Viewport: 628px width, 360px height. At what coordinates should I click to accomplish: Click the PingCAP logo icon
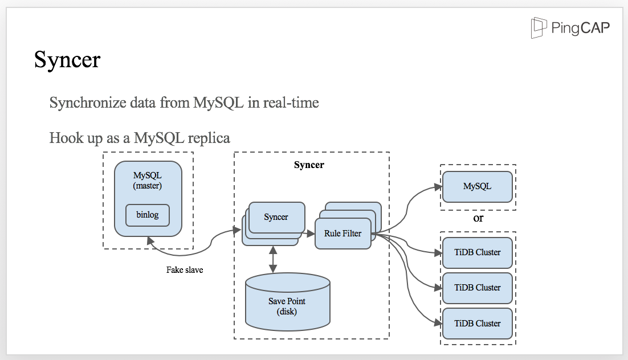[539, 28]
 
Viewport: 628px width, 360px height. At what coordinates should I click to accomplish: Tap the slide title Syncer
[67, 60]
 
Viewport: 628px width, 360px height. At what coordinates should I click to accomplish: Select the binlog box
[148, 215]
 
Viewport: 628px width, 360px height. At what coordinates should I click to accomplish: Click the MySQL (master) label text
[148, 180]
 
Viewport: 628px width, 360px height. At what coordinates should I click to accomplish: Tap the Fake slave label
[185, 270]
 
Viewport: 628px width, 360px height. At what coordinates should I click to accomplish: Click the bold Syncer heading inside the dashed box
[309, 165]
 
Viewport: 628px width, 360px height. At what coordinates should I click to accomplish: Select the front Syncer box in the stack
[276, 217]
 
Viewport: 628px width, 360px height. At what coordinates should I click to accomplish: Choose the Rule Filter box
[343, 234]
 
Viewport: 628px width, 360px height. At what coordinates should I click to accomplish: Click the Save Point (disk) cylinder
[288, 302]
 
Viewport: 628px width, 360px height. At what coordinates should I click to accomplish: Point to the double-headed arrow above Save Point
[273, 260]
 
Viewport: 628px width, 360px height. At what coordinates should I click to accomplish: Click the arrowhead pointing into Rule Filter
[311, 234]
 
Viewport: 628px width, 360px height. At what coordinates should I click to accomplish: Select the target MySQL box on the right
[478, 187]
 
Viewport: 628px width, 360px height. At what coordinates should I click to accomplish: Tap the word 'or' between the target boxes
[478, 219]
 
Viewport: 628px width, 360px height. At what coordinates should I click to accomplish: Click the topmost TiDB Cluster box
[478, 253]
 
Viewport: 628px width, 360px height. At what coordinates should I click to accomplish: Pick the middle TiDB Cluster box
[478, 288]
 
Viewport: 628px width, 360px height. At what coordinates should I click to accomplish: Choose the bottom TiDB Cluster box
[478, 324]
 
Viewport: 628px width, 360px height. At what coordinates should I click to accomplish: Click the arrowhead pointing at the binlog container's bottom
[150, 241]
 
